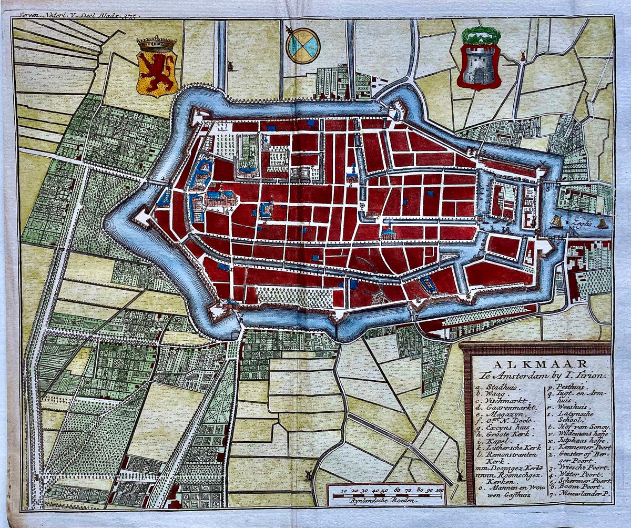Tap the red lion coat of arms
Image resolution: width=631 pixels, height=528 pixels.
point(157,68)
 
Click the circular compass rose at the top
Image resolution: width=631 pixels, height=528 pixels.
point(303,45)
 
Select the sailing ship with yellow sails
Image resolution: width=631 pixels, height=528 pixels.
point(556,221)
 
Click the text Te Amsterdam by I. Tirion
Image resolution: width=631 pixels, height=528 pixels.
point(542,375)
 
